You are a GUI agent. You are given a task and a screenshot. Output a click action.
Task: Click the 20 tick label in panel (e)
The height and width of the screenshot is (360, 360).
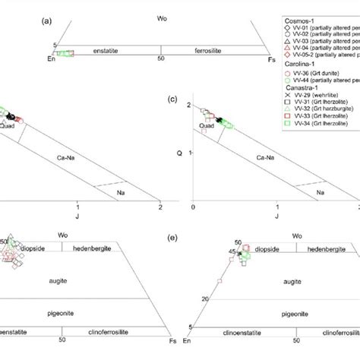[206, 298]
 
